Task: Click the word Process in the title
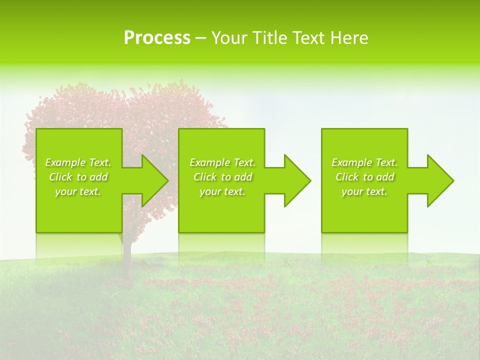click(x=157, y=38)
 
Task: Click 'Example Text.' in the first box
click(x=78, y=162)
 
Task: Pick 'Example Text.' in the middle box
click(x=222, y=162)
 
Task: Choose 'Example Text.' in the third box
click(x=364, y=162)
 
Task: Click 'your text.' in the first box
click(x=78, y=191)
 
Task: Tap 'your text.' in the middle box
click(x=222, y=191)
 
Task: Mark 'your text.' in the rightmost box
click(x=364, y=191)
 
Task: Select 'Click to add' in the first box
click(x=78, y=177)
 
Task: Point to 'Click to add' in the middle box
click(x=222, y=177)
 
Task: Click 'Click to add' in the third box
click(x=364, y=177)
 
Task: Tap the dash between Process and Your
click(x=200, y=38)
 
